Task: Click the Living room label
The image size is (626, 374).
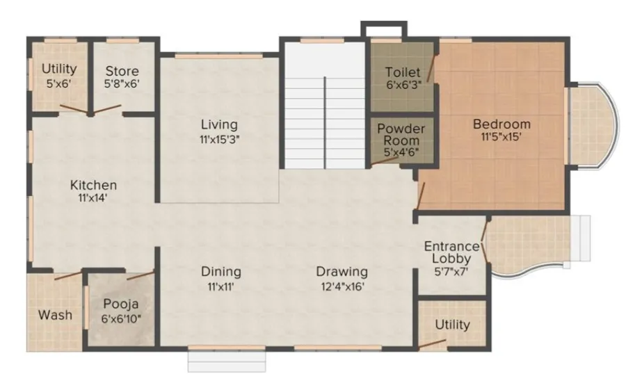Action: pos(219,124)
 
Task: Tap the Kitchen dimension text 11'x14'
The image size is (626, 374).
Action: pos(93,198)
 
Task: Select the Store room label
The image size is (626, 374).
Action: pos(122,71)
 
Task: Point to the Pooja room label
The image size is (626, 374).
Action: pos(121,304)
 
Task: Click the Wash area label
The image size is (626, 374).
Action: pos(55,315)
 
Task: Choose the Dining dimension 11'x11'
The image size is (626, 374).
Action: pos(220,286)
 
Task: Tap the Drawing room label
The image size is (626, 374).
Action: pos(342,272)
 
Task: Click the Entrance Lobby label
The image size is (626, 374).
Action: pos(451,252)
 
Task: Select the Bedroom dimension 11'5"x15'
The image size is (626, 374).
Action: pos(501,137)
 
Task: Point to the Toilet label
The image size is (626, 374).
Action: pos(403,72)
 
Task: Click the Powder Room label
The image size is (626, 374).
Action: pos(401,134)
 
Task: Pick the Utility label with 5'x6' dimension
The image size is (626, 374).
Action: pos(59,69)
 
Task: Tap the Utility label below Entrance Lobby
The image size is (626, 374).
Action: pos(452,325)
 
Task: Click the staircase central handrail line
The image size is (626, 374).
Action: pos(325,122)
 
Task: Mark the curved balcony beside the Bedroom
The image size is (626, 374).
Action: pos(593,125)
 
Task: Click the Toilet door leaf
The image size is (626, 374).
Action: pos(431,68)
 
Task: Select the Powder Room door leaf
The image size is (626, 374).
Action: pos(384,161)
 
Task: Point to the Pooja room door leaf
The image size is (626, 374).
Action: pos(141,275)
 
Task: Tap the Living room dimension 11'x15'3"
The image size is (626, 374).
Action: pos(219,140)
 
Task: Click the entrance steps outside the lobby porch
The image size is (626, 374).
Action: pos(580,238)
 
